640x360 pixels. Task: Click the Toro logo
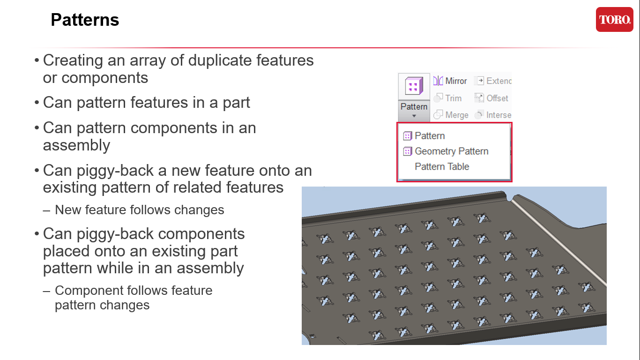pos(614,20)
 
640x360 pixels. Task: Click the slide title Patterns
pos(85,20)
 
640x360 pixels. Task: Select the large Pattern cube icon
pos(414,86)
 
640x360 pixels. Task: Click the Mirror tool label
pos(456,81)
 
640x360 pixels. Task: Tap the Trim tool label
pos(453,98)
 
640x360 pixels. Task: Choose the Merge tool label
pos(456,115)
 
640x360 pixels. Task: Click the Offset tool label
pos(497,98)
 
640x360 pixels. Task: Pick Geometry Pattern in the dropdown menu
pos(451,151)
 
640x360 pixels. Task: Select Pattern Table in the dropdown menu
pos(442,166)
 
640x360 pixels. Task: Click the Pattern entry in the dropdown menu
pos(430,136)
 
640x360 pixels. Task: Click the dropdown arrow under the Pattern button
pos(414,116)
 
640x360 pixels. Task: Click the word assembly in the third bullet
pos(76,145)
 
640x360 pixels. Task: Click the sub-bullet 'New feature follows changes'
pos(139,210)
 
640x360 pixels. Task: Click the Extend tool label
pos(499,81)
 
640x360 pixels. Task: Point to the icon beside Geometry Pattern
pos(408,151)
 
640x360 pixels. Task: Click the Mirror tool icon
pos(438,81)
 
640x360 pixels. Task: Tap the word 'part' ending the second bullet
pos(237,103)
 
